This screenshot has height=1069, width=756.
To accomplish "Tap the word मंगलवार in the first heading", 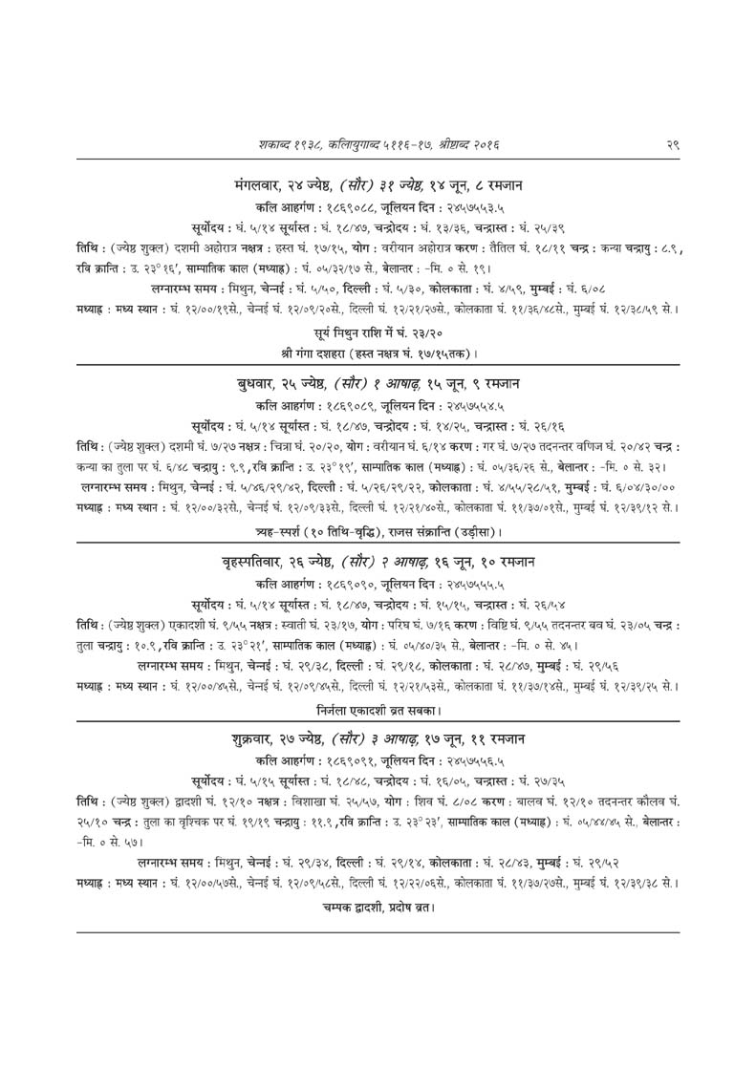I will click(265, 183).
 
